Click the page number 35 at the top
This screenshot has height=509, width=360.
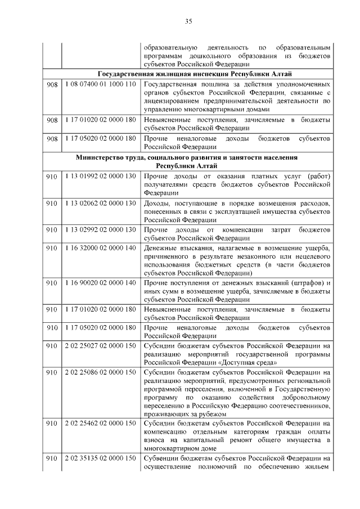tap(189, 21)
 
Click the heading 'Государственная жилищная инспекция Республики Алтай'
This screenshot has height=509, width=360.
tap(194, 74)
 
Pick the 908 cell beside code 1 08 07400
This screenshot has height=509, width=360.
tap(52, 84)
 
